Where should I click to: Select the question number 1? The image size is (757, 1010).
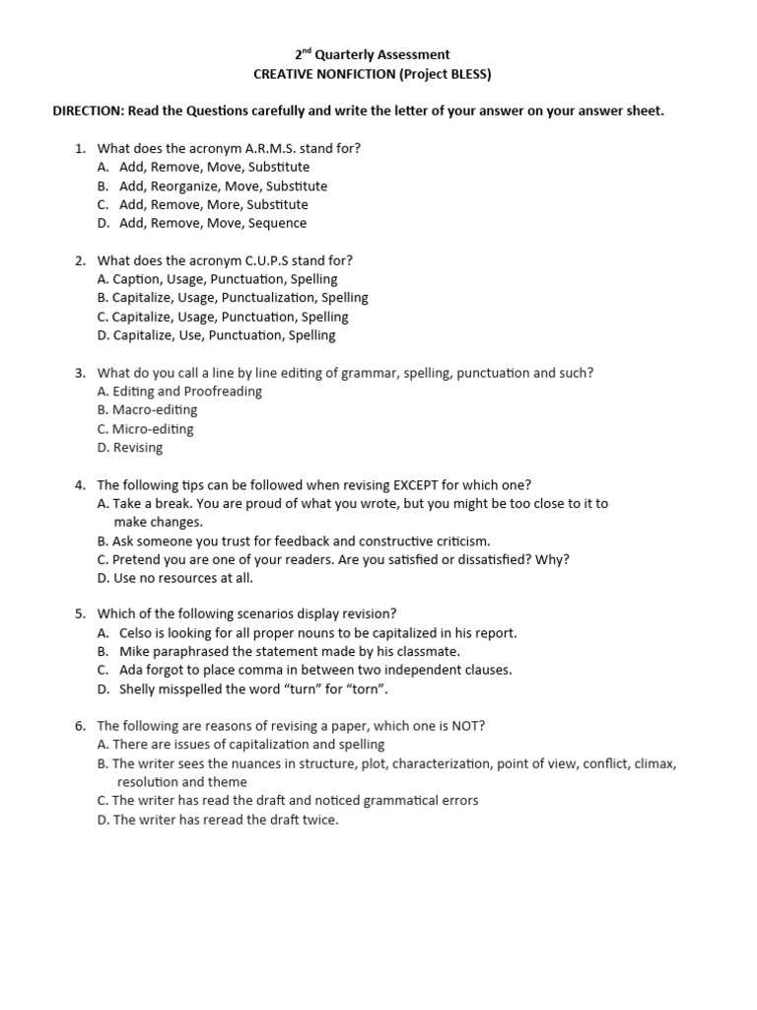pyautogui.click(x=80, y=148)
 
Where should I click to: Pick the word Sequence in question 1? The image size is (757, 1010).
pyautogui.click(x=276, y=223)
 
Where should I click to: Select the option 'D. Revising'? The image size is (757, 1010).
pyautogui.click(x=130, y=448)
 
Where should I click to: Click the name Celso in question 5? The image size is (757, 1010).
pyautogui.click(x=137, y=633)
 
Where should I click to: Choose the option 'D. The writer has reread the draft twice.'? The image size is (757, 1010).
pyautogui.click(x=218, y=820)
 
